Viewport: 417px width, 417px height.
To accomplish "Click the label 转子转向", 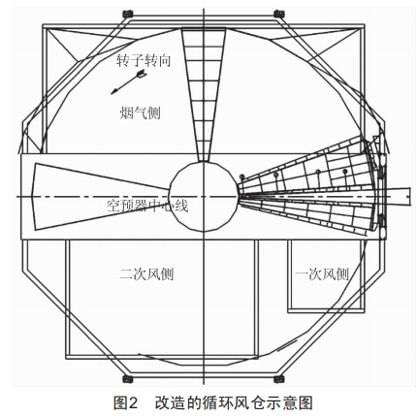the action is (x=144, y=61).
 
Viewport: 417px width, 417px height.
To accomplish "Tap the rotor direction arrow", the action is (x=128, y=82).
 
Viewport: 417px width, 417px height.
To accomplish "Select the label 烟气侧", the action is (x=140, y=113).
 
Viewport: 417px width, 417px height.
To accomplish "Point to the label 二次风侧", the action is (x=146, y=274).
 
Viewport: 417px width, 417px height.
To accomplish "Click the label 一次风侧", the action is (x=322, y=274).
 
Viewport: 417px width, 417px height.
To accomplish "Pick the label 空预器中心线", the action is (x=147, y=206).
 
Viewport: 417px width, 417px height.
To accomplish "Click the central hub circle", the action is (x=204, y=196).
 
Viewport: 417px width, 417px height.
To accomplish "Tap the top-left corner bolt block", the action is (x=128, y=14).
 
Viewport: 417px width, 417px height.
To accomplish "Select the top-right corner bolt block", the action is (x=278, y=14).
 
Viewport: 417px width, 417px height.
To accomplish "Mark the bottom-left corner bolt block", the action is (x=128, y=379).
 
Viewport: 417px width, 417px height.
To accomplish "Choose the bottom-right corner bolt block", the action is (x=278, y=379).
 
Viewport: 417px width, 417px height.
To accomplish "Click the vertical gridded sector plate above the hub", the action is (x=204, y=94).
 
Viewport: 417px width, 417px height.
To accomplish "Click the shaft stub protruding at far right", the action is (x=401, y=196).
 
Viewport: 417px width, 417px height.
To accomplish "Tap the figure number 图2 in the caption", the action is (x=125, y=403).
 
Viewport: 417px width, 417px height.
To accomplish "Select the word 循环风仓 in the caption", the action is (x=231, y=403).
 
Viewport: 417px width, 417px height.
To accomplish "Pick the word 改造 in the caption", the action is (x=170, y=403).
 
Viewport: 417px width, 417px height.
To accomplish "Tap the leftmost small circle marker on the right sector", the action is (x=241, y=176).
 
